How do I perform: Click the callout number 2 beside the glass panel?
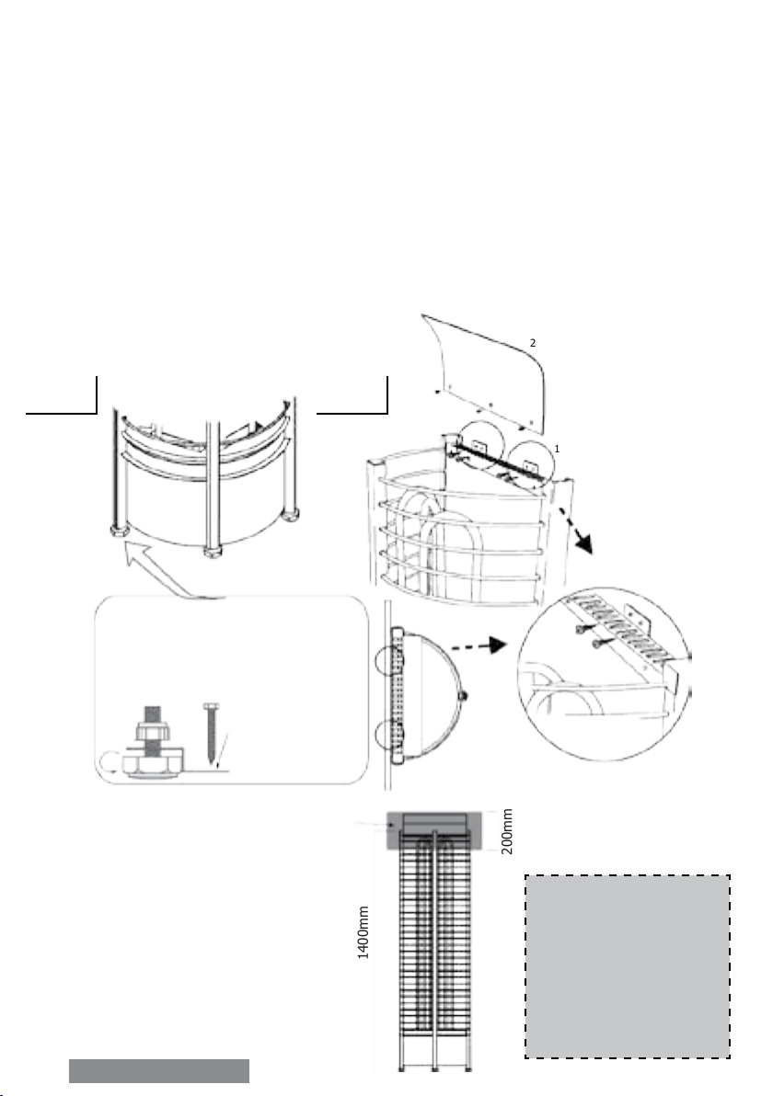tap(533, 343)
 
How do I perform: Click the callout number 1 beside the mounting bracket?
tap(557, 449)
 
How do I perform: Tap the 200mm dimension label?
tap(508, 832)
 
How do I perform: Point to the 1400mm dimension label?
tap(363, 933)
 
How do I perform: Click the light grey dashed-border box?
tap(628, 966)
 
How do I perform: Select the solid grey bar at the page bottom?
tap(159, 1071)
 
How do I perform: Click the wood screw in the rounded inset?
tap(212, 733)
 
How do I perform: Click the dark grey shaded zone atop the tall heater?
tap(434, 829)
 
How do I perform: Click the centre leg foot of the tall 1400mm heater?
tap(435, 1069)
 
